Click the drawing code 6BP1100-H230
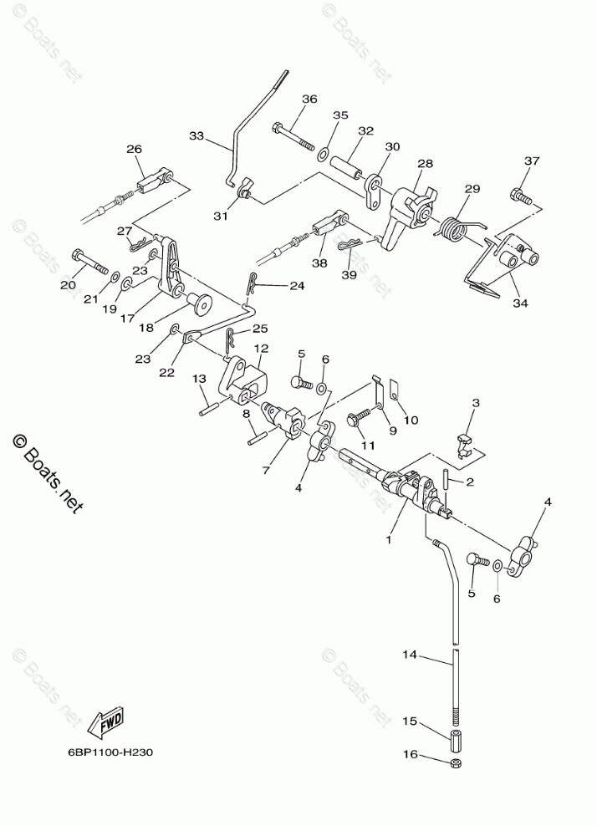coord(110,752)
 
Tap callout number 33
coord(196,135)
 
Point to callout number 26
coord(135,149)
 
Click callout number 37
coord(532,161)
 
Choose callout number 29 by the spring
coord(472,189)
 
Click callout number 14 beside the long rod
coord(409,656)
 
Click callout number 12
coord(261,348)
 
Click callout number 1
coord(388,540)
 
